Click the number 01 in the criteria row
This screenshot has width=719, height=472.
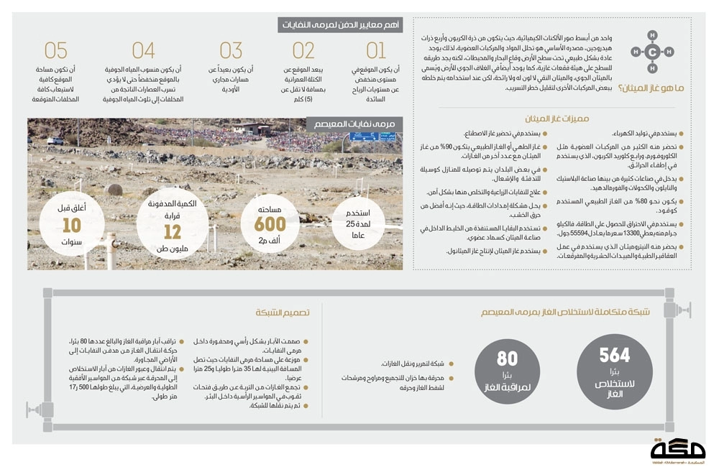pos(376,50)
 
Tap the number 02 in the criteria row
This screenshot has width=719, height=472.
pos(303,50)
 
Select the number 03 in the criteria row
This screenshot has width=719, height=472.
pos(231,50)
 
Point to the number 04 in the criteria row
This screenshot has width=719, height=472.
pos(144,50)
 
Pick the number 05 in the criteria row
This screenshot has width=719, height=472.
pos(56,50)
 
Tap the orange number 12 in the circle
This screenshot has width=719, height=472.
pos(173,232)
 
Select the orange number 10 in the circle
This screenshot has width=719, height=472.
pos(71,226)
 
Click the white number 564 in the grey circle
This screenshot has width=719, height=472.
pos(615,355)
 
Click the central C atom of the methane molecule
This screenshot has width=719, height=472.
pos(651,51)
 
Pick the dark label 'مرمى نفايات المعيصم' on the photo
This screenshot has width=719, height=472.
pos(355,124)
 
